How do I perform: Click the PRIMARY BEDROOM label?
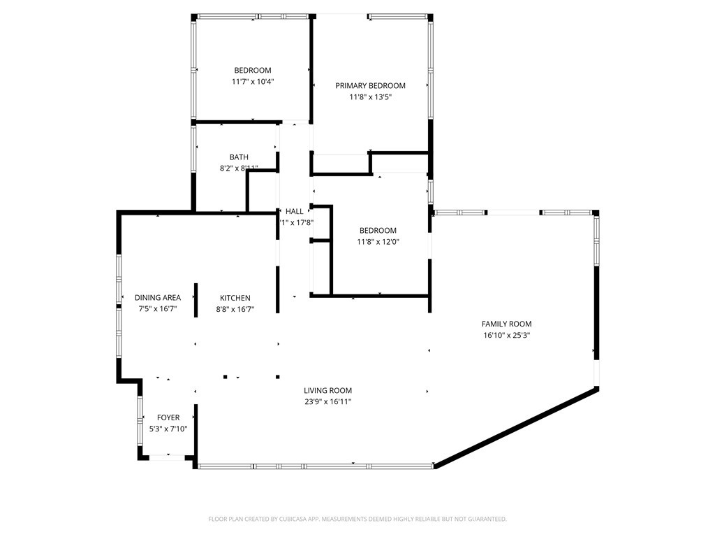pyautogui.click(x=370, y=86)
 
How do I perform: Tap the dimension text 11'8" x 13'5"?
pyautogui.click(x=370, y=97)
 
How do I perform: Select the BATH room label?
pyautogui.click(x=239, y=157)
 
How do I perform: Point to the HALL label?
pyautogui.click(x=295, y=211)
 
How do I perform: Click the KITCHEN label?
pyautogui.click(x=235, y=298)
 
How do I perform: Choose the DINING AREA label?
pyautogui.click(x=158, y=298)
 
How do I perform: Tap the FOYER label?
pyautogui.click(x=168, y=418)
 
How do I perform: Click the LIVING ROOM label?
pyautogui.click(x=327, y=391)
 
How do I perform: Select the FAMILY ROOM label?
pyautogui.click(x=506, y=324)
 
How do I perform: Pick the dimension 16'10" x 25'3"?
pyautogui.click(x=506, y=335)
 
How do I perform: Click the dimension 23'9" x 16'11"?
pyautogui.click(x=327, y=402)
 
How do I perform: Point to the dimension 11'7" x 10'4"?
pyautogui.click(x=253, y=82)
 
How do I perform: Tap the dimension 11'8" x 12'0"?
pyautogui.click(x=378, y=242)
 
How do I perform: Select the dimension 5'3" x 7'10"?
pyautogui.click(x=168, y=429)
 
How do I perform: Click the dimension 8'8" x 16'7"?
pyautogui.click(x=235, y=309)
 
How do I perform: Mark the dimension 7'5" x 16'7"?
pyautogui.click(x=158, y=309)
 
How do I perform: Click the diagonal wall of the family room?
pyautogui.click(x=517, y=427)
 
